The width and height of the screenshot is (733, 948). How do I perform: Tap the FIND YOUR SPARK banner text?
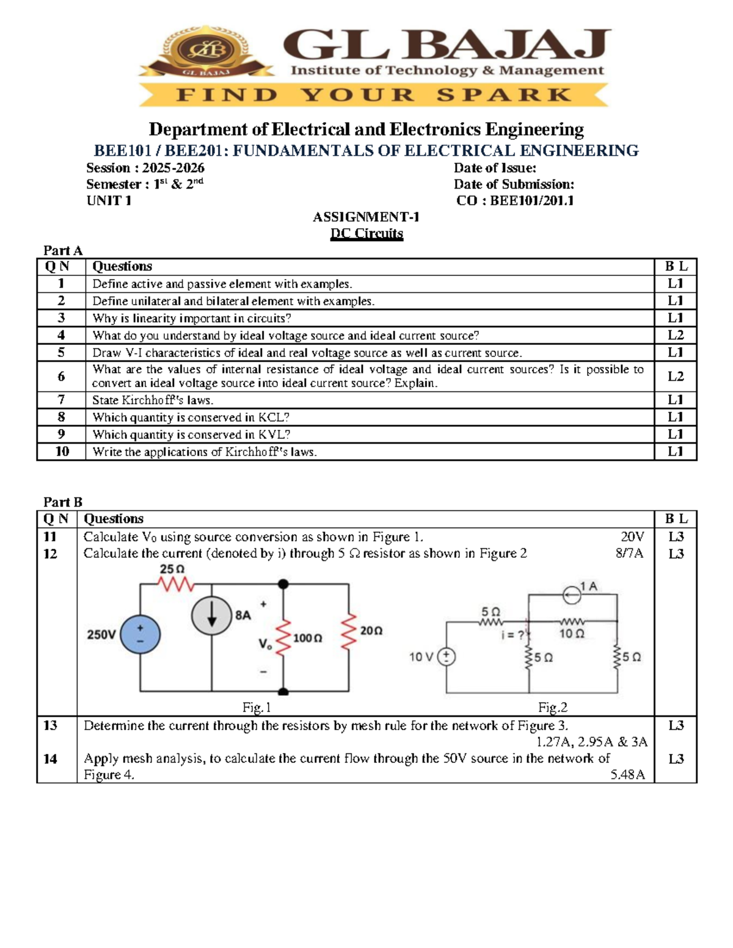pos(373,95)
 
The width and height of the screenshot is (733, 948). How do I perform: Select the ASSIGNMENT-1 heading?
pos(366,217)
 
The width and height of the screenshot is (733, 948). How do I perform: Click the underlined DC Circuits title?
pos(366,233)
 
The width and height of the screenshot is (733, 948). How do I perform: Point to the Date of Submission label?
pos(514,184)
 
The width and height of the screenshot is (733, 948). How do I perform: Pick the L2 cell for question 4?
pos(675,335)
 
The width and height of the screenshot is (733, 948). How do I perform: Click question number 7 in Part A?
pos(61,400)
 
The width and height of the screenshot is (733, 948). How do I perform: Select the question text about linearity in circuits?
pos(192,318)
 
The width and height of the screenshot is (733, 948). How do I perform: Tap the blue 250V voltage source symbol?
pos(140,634)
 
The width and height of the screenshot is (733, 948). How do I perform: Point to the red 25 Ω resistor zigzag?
pos(175,584)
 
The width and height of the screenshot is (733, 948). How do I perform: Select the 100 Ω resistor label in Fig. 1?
pos(307,638)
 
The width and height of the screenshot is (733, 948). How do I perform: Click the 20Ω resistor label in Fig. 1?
pos(371,631)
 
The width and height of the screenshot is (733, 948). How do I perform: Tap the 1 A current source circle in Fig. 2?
pos(572,595)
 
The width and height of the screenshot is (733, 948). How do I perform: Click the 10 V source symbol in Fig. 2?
pos(447,657)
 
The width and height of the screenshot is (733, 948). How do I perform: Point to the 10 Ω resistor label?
pos(572,634)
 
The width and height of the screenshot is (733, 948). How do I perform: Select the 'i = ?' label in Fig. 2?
pos(512,635)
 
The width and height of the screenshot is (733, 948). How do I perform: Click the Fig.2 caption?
pos(553,707)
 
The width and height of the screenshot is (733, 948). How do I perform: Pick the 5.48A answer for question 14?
pos(627,775)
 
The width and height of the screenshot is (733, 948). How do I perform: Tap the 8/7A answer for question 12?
pos(629,554)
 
